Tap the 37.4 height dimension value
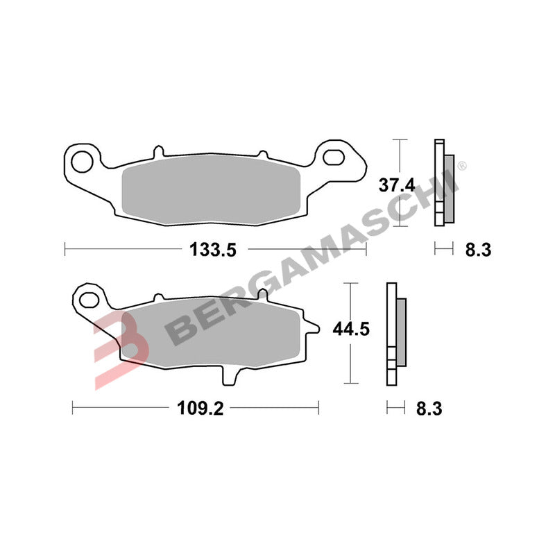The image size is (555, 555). click(396, 185)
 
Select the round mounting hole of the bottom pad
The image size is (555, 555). click(89, 300)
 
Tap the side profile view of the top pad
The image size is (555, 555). click(442, 182)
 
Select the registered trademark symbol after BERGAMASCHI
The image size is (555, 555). click(462, 166)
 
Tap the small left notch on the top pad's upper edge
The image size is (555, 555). click(158, 150)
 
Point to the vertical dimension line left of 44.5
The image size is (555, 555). click(352, 333)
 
